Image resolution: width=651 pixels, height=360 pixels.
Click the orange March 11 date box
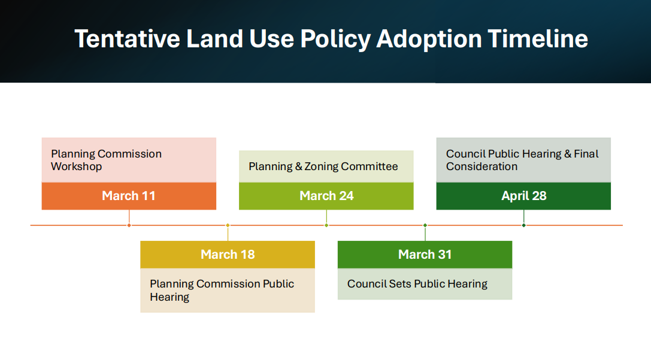pos(129,196)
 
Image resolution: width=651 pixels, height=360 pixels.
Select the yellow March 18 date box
pos(228,255)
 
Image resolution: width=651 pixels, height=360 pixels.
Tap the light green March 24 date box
pos(326,196)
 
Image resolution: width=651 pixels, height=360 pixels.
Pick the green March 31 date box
pos(425,255)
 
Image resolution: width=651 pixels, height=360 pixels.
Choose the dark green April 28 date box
pos(523,196)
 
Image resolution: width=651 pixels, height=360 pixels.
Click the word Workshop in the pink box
pos(77,167)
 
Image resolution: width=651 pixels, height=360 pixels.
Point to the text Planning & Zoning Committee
pos(323,167)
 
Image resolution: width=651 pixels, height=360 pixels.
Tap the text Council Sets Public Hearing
pos(417,284)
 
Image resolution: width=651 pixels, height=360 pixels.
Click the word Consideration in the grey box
pos(482,167)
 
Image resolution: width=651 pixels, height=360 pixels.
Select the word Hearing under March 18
pos(169,297)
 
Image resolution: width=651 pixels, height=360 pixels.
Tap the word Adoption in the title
pos(429,40)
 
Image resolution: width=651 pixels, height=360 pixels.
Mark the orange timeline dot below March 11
pos(129,225)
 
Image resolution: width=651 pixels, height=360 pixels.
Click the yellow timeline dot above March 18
pos(228,225)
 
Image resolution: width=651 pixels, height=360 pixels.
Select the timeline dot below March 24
pos(326,225)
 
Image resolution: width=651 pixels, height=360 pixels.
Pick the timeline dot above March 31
pos(425,225)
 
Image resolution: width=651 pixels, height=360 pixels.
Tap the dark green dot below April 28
pos(524,225)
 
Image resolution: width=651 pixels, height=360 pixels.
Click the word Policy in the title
pos(335,40)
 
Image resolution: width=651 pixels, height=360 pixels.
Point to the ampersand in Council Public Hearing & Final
pos(568,154)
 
